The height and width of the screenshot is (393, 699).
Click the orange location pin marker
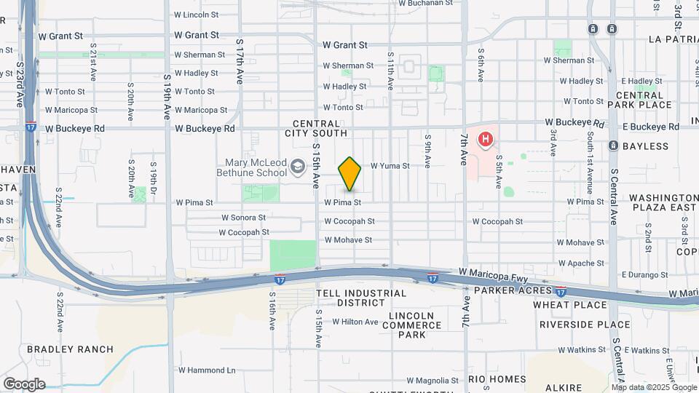(349, 173)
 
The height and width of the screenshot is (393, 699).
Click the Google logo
(24, 384)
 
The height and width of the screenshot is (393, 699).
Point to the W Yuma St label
(390, 166)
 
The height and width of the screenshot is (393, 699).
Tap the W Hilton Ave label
(355, 322)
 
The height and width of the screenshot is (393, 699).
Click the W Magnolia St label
(433, 381)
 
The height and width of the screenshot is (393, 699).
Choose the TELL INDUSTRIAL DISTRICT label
(361, 298)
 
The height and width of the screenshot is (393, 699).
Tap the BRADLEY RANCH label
(70, 349)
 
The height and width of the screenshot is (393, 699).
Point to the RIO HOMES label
(497, 379)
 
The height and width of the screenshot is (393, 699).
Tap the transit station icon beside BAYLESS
(613, 146)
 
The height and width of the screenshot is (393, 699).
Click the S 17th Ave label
(240, 62)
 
